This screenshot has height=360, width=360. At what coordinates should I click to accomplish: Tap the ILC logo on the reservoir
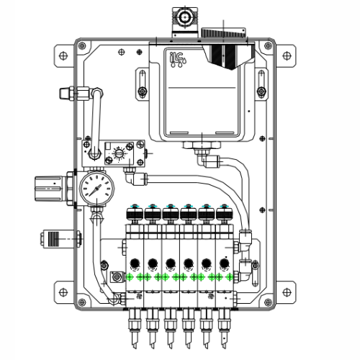[x=175, y=57]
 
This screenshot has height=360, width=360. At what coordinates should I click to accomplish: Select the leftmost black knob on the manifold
[x=133, y=213]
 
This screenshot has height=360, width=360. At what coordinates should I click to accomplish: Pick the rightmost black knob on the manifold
[x=225, y=213]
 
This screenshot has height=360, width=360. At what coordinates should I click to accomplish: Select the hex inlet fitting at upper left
[x=66, y=93]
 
